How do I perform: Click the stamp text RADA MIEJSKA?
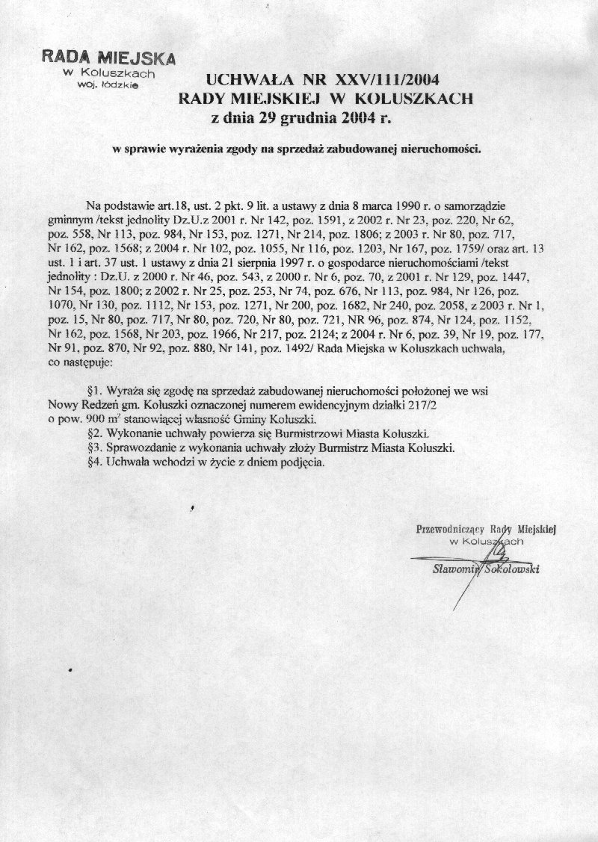[108, 59]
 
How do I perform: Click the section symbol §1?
[94, 391]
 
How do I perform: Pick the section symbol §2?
[94, 433]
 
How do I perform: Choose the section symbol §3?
[94, 448]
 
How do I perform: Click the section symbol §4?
[94, 462]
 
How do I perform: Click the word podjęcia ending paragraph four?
[298, 462]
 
